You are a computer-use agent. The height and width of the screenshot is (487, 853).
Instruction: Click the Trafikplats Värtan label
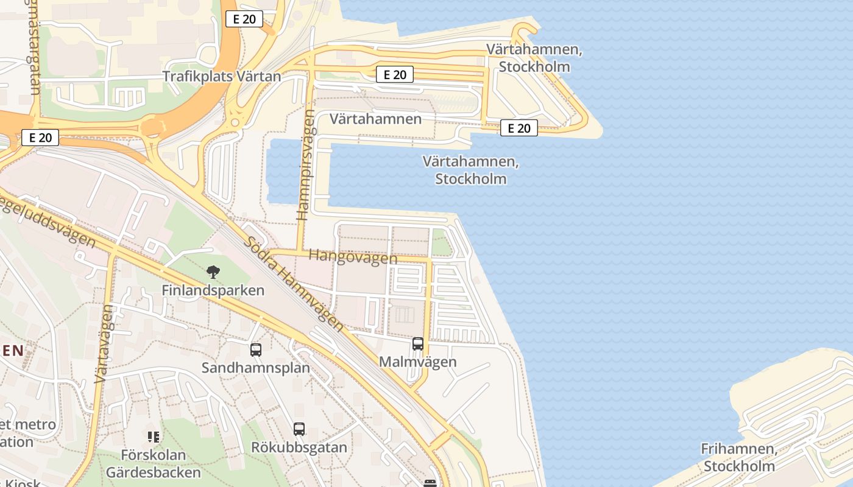222,77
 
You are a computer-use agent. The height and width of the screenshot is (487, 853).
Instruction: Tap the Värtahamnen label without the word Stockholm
375,119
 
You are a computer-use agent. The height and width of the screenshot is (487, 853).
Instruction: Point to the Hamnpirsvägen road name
308,164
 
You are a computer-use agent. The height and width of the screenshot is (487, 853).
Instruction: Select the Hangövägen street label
353,256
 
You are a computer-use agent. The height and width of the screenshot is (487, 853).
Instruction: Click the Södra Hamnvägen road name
294,282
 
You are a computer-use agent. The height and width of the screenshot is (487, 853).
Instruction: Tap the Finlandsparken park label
213,290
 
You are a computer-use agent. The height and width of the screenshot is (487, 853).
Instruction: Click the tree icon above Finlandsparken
213,272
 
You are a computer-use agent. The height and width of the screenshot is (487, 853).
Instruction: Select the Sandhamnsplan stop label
255,368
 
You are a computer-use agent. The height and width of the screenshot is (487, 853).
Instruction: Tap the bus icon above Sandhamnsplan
256,350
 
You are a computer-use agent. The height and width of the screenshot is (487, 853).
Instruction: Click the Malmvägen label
417,362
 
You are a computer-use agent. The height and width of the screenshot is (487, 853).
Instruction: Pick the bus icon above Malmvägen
417,344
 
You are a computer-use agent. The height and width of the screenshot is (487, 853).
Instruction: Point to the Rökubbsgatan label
299,447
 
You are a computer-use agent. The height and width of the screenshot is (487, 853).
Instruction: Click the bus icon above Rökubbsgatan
299,429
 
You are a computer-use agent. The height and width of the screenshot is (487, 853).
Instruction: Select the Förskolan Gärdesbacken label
153,463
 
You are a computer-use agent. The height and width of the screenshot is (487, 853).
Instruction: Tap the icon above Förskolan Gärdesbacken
153,436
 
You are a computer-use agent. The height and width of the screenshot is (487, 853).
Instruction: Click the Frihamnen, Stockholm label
739,458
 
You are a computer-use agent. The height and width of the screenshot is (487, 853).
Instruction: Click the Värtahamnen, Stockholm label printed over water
470,170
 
